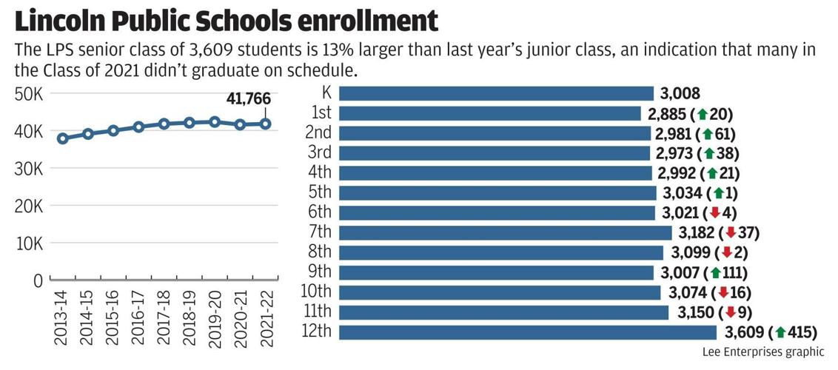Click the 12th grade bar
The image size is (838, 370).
tap(528, 332)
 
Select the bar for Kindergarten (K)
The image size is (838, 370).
tap(496, 93)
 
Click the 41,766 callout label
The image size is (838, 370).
tap(248, 99)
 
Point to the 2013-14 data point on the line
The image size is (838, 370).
tap(63, 138)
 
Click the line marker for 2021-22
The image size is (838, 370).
tap(265, 124)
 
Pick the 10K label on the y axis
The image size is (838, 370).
tap(28, 243)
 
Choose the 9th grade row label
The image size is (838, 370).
tap(320, 272)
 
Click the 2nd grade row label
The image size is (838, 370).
tap(319, 133)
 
